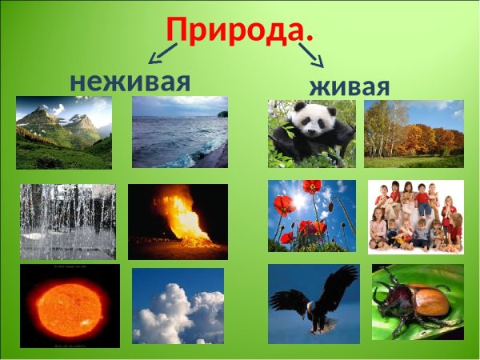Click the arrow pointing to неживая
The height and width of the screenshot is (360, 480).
click(x=162, y=53)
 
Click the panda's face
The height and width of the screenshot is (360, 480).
click(x=305, y=125)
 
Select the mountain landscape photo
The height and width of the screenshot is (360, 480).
click(x=64, y=133)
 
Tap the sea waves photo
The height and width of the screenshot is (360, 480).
click(x=179, y=132)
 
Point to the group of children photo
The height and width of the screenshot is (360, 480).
click(x=415, y=216)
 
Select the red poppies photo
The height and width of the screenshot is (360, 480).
click(x=311, y=216)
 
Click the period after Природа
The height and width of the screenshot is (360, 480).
click(x=309, y=38)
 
